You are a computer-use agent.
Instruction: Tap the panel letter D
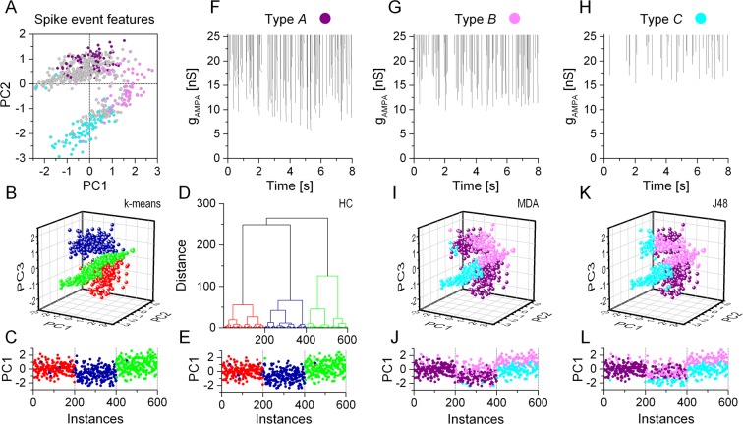(x=204, y=192)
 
